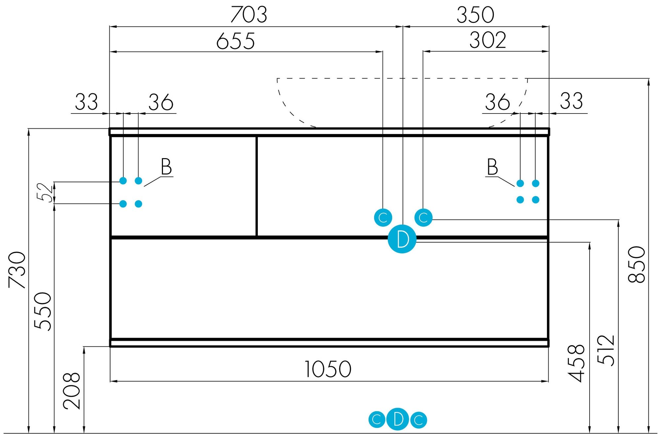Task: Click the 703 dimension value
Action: click(x=249, y=15)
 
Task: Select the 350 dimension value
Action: click(x=475, y=15)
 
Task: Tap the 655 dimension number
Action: click(x=235, y=41)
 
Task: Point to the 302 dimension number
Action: click(x=487, y=40)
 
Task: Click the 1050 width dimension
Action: click(x=328, y=369)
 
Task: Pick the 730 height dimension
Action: click(x=17, y=270)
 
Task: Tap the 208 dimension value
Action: click(x=72, y=391)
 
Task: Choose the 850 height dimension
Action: click(x=637, y=264)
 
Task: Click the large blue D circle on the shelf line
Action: click(x=402, y=239)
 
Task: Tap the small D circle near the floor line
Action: click(x=398, y=419)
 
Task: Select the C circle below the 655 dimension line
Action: click(x=383, y=218)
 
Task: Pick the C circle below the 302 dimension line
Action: click(x=423, y=218)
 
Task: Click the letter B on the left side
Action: click(x=166, y=167)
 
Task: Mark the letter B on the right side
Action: click(x=492, y=167)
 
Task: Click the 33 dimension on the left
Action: click(x=87, y=102)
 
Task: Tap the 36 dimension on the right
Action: click(x=497, y=102)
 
